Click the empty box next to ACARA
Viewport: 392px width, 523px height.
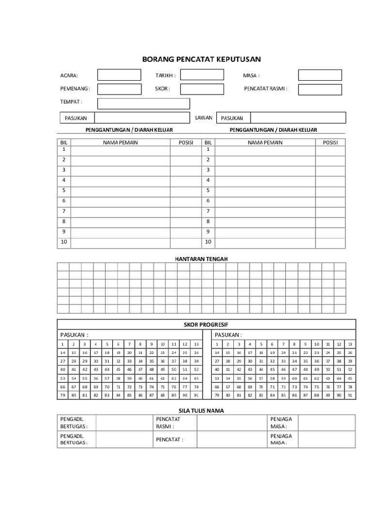click(x=119, y=75)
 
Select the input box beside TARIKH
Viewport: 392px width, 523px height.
click(x=202, y=75)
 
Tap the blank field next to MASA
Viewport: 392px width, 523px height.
click(x=320, y=75)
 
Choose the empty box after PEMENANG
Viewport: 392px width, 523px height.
click(x=119, y=89)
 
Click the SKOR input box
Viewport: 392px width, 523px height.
click(x=202, y=89)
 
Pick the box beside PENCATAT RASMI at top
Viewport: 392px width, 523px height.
click(x=320, y=89)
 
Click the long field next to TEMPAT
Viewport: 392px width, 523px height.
click(x=143, y=103)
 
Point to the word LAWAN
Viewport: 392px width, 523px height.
click(x=204, y=117)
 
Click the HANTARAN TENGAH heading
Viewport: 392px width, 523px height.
click(x=201, y=259)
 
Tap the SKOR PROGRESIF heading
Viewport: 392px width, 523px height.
click(x=206, y=324)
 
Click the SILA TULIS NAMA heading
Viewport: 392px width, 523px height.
click(x=201, y=410)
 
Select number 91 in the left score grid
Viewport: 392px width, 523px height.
click(x=196, y=395)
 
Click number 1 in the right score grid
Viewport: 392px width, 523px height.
click(x=216, y=344)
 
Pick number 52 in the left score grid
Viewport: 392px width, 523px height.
click(x=196, y=369)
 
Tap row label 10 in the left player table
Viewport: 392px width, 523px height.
click(x=64, y=242)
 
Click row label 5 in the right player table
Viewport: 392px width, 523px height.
click(x=208, y=190)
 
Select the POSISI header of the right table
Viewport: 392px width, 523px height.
click(x=330, y=142)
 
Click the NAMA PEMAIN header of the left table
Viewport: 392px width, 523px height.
click(x=120, y=142)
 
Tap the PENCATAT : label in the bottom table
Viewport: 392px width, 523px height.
click(x=169, y=439)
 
